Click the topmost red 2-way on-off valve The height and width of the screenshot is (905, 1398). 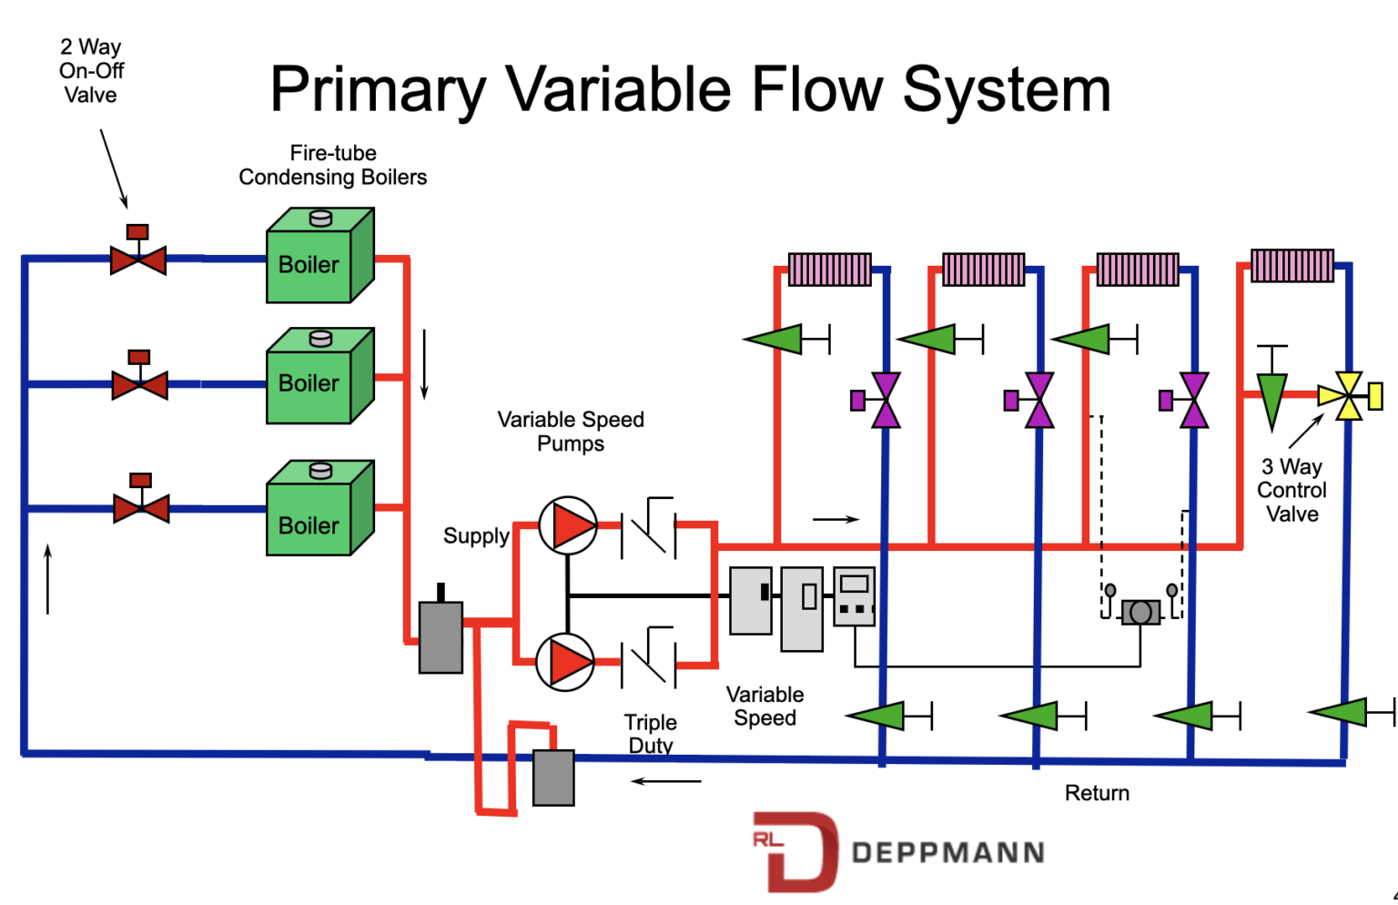coord(138,259)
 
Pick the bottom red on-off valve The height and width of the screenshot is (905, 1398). coord(141,507)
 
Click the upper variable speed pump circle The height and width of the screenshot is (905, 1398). coord(567,525)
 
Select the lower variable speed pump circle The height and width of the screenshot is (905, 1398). coord(565,662)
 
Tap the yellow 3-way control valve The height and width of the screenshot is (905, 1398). coord(1348,396)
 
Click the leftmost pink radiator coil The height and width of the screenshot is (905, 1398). coord(829,269)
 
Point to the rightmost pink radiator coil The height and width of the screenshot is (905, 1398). coord(1292,266)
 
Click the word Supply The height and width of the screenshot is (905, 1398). coord(475,535)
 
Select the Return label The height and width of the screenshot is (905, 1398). coord(1097,793)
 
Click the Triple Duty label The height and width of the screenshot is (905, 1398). coord(650,734)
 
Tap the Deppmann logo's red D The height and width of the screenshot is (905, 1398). coord(797,851)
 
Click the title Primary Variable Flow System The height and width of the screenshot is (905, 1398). coord(690,89)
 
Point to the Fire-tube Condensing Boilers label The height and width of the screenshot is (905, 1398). coord(333,165)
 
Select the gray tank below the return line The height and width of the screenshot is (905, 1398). coord(553,778)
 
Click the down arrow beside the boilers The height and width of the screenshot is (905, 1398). coord(424,364)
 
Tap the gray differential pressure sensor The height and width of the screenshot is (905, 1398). coord(1140,612)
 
